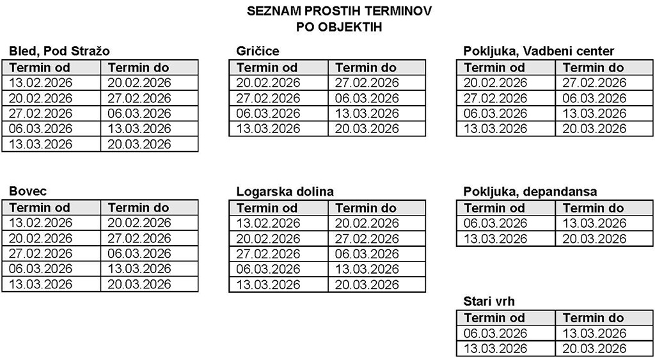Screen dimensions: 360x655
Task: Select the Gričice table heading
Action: pos(257,51)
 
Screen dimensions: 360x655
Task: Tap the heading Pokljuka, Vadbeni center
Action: pos(539,51)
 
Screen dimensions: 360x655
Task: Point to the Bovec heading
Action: pos(28,191)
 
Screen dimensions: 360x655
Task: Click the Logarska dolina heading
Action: pos(285,192)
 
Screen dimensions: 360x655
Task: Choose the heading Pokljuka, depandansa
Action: pos(530,191)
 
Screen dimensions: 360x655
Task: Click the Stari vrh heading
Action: pos(489,301)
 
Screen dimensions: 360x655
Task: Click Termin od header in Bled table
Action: pos(40,68)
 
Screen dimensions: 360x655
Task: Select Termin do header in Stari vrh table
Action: pos(593,318)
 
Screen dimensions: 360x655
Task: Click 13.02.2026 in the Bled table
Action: pos(41,82)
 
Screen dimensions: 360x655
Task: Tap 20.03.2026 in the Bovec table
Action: pos(139,284)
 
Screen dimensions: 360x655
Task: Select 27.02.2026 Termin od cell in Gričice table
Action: pos(268,98)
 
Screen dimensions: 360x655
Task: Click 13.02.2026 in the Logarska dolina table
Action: pos(268,223)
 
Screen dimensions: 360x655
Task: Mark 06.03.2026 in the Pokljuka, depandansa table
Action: pos(495,223)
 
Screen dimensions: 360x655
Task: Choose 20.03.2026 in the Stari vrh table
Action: pos(594,348)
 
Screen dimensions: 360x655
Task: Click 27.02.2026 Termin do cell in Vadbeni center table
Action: pos(594,82)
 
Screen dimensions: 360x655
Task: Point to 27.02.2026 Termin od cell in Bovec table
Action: pos(41,253)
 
